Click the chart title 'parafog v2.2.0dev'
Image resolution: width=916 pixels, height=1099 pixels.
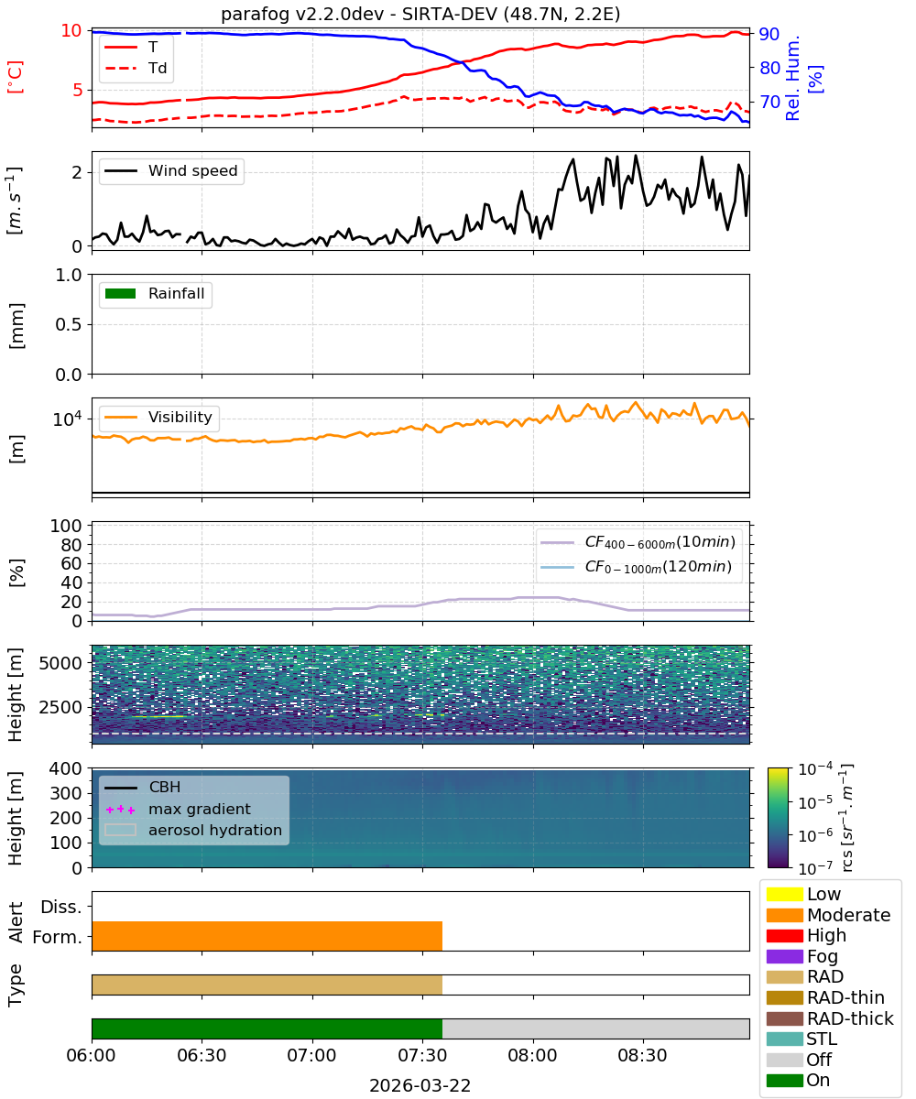point(302,14)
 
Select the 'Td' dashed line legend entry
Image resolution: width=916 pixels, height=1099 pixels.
point(136,68)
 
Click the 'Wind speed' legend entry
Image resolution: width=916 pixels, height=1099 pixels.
point(171,170)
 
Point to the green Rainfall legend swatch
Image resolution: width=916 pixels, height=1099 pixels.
point(121,293)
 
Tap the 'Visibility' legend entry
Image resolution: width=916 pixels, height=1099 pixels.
point(158,417)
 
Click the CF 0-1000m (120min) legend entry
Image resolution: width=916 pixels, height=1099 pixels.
point(636,567)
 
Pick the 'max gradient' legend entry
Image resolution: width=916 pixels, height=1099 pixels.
point(178,809)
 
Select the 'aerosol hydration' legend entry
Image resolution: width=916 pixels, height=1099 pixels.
point(193,830)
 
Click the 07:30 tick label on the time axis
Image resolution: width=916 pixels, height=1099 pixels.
point(422,1055)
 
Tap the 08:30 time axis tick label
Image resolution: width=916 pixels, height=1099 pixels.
point(642,1055)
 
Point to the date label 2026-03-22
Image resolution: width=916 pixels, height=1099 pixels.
point(420,1085)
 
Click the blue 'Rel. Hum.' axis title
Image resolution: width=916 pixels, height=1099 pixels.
point(793,78)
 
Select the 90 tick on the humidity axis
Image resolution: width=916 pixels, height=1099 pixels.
point(769,34)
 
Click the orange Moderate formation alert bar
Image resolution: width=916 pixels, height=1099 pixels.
point(267,935)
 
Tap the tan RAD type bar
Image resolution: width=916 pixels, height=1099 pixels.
point(267,985)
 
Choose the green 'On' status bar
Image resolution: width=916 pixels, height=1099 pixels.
point(267,1028)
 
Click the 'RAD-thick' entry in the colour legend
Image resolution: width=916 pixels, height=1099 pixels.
point(830,1018)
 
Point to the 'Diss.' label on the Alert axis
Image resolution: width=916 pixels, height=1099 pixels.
point(61,907)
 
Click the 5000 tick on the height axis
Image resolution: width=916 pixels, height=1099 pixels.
point(60,663)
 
